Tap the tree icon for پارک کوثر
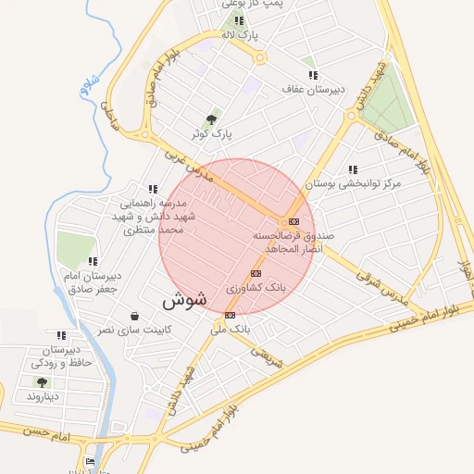tap(214, 119)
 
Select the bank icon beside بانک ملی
tap(231, 315)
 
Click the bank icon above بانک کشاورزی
tap(256, 273)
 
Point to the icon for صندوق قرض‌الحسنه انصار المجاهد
tap(294, 221)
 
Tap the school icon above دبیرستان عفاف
tap(313, 75)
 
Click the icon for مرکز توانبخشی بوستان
tap(353, 169)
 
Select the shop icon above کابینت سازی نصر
tap(135, 315)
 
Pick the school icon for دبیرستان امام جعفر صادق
tap(92, 261)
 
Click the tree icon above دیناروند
tap(42, 381)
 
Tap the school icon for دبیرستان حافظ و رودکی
tap(61, 335)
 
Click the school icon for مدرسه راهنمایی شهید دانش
tap(153, 189)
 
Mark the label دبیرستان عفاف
tap(314, 90)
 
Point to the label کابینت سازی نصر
tap(135, 330)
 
